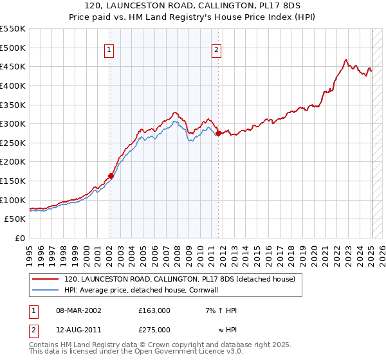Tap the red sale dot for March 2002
pos(111,175)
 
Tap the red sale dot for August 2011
pos(219,133)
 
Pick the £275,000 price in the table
pos(154,330)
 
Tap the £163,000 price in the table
pos(154,310)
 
